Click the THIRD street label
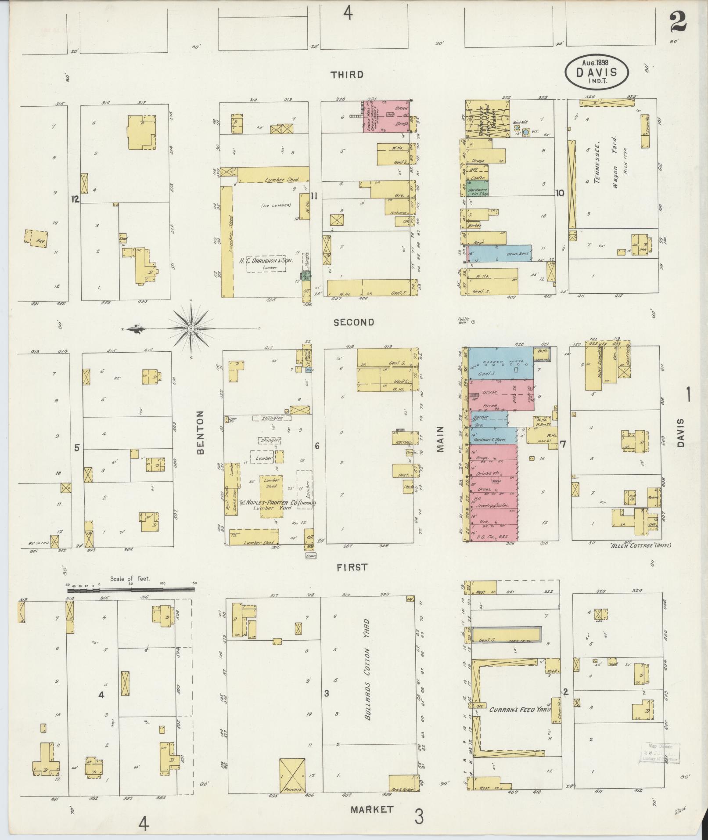347,75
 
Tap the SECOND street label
354,322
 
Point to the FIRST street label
352,567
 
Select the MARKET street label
372,809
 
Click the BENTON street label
201,433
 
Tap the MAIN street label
441,439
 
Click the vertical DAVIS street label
680,433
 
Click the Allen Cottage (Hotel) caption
640,545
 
